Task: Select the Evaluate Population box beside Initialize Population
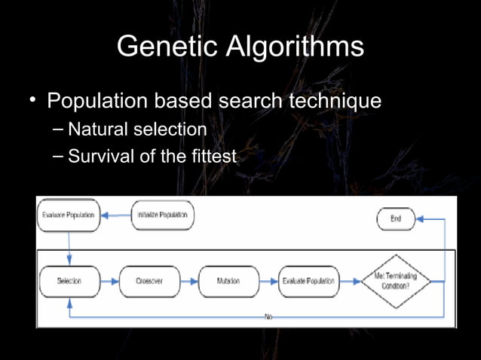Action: click(x=68, y=215)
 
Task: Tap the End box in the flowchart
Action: click(x=396, y=219)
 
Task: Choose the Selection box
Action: click(x=69, y=281)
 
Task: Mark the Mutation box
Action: click(x=228, y=281)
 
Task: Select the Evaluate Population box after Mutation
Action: click(x=308, y=281)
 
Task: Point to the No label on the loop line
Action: click(x=268, y=317)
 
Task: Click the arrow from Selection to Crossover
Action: click(x=109, y=281)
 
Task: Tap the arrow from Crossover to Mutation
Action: click(x=189, y=281)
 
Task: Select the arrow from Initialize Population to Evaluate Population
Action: click(x=115, y=215)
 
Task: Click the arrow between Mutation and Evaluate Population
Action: click(x=268, y=281)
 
